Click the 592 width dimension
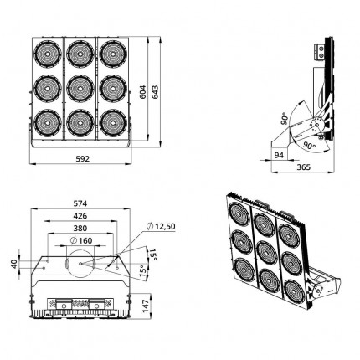point(83,159)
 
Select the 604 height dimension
point(143,92)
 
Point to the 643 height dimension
point(155,92)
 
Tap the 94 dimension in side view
point(278,155)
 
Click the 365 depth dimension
point(303,167)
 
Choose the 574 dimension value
point(80,203)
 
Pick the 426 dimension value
point(80,216)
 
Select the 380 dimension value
point(80,229)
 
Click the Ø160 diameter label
point(81,240)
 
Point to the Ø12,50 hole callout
point(161,226)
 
